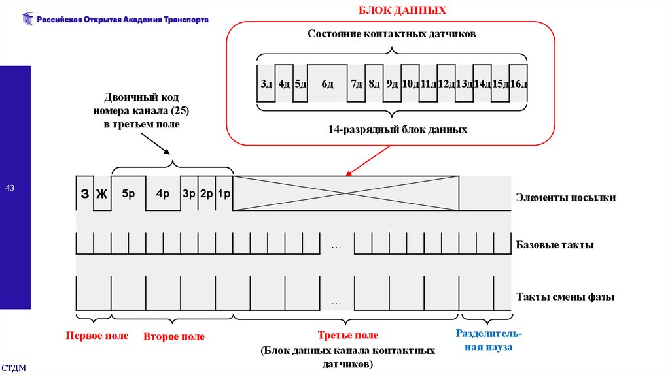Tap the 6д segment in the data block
pos(327,84)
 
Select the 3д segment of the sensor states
pos(266,84)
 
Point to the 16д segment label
pos(518,84)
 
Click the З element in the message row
pos(84,194)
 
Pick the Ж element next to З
pos(101,194)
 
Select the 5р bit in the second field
pos(128,194)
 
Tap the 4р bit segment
pos(163,194)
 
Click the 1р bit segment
pos(224,194)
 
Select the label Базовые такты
pos(555,246)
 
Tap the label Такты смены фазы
pos(565,297)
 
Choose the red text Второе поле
pos(174,336)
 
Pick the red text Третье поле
pos(348,335)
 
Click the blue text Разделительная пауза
pos(488,340)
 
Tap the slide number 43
pos(10,188)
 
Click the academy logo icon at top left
pos(27,20)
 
